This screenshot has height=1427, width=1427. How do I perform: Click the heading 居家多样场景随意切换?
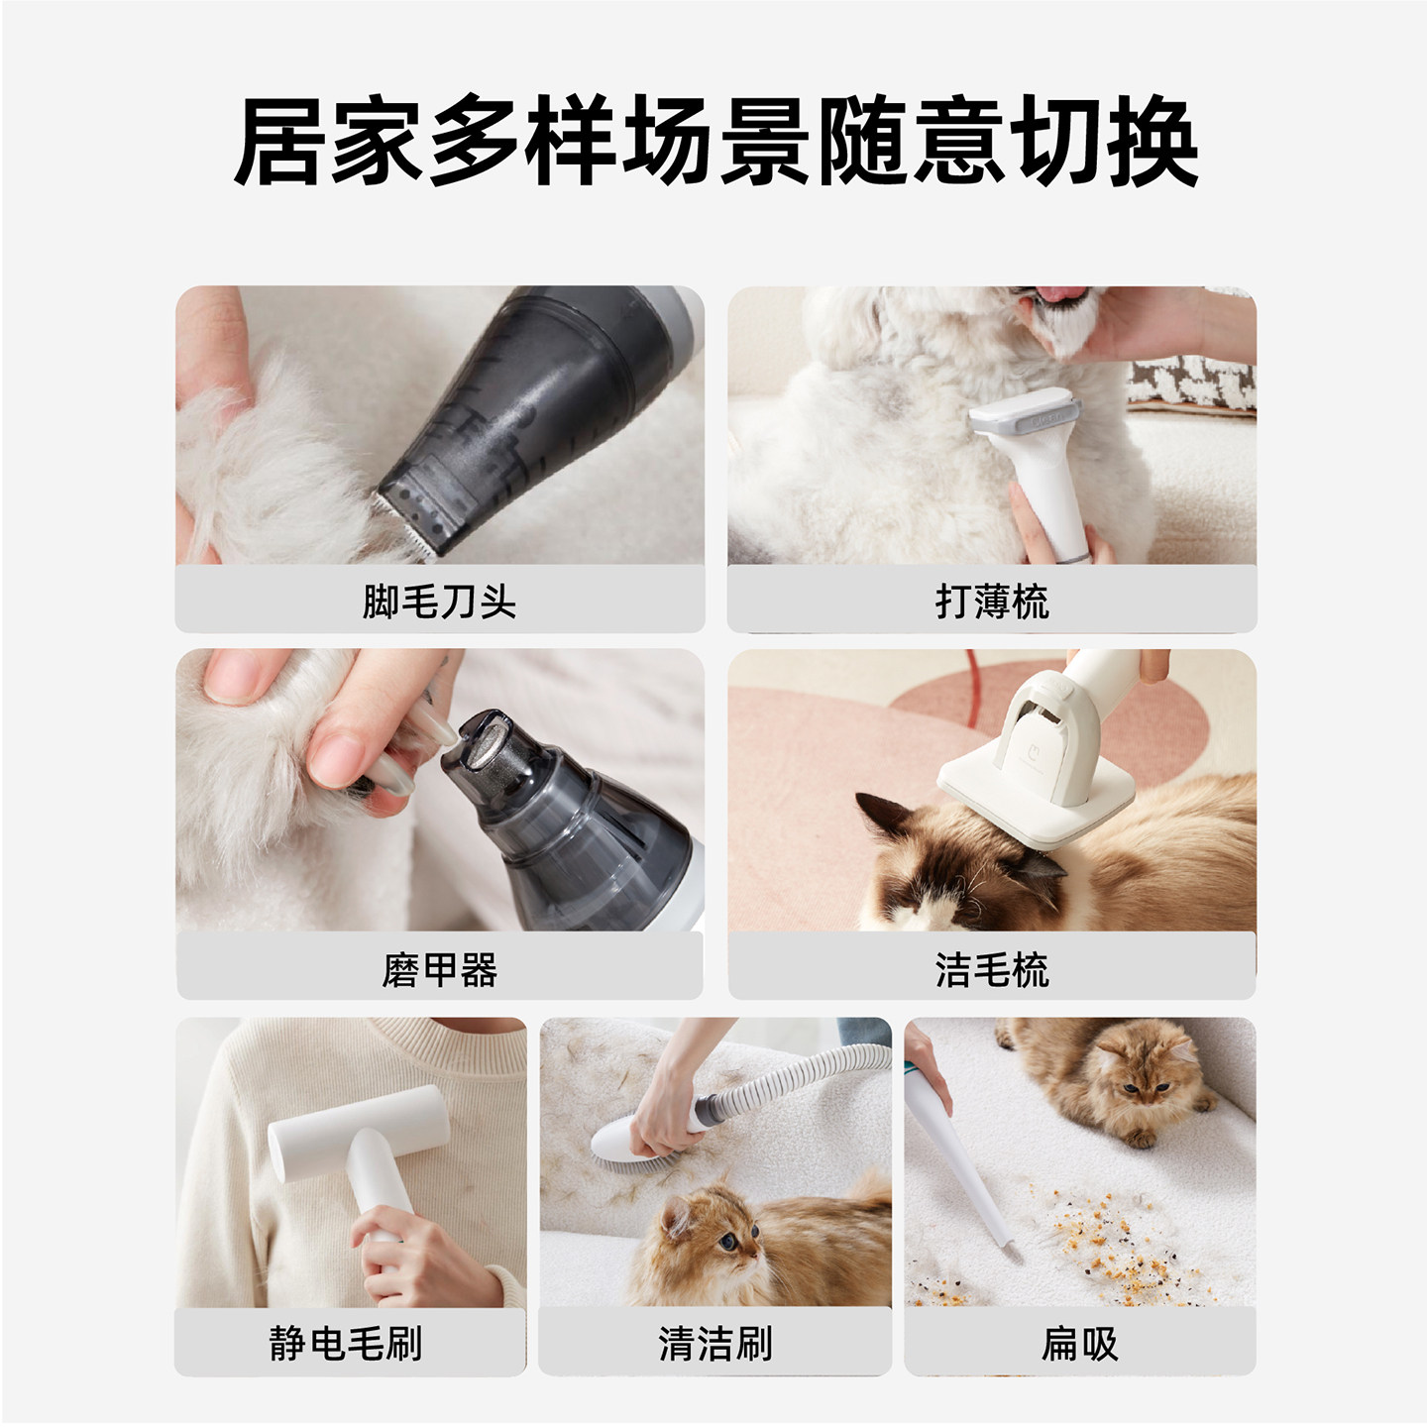pos(715,142)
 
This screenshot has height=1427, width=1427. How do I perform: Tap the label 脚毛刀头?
pos(439,602)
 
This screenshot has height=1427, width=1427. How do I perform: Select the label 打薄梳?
pos(991,602)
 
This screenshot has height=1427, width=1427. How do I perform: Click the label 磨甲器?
pos(439,969)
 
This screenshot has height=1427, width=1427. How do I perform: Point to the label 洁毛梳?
pos(991,969)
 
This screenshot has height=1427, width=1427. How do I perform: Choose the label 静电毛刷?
pos(346,1344)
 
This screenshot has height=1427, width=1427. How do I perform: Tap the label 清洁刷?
pos(714,1344)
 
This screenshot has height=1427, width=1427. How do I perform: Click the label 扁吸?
pos(1079,1344)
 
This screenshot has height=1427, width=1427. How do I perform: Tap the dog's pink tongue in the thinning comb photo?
pos(1060,293)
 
